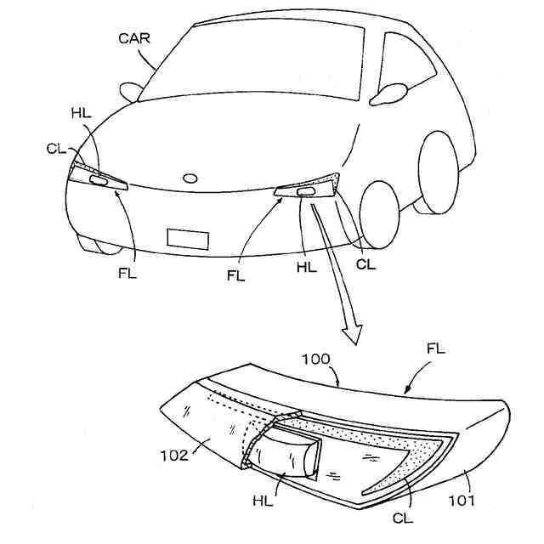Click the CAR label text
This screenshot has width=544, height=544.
[135, 38]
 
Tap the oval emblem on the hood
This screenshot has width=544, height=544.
[190, 178]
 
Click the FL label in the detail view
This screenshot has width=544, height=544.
[436, 349]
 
